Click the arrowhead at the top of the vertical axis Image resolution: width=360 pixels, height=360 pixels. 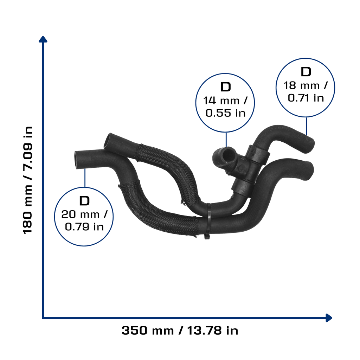43,39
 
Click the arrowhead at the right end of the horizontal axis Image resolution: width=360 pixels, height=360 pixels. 329,318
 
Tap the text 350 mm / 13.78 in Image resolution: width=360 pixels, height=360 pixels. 180,330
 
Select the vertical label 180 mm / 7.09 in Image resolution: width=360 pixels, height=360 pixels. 28,180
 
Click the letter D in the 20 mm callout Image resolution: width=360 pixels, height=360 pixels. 84,201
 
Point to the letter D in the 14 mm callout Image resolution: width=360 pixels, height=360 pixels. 225,87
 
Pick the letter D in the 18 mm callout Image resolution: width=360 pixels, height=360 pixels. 306,72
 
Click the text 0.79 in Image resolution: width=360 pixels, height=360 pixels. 84,227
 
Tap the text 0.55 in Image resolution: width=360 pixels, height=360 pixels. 225,113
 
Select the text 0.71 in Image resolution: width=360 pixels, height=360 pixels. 306,98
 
